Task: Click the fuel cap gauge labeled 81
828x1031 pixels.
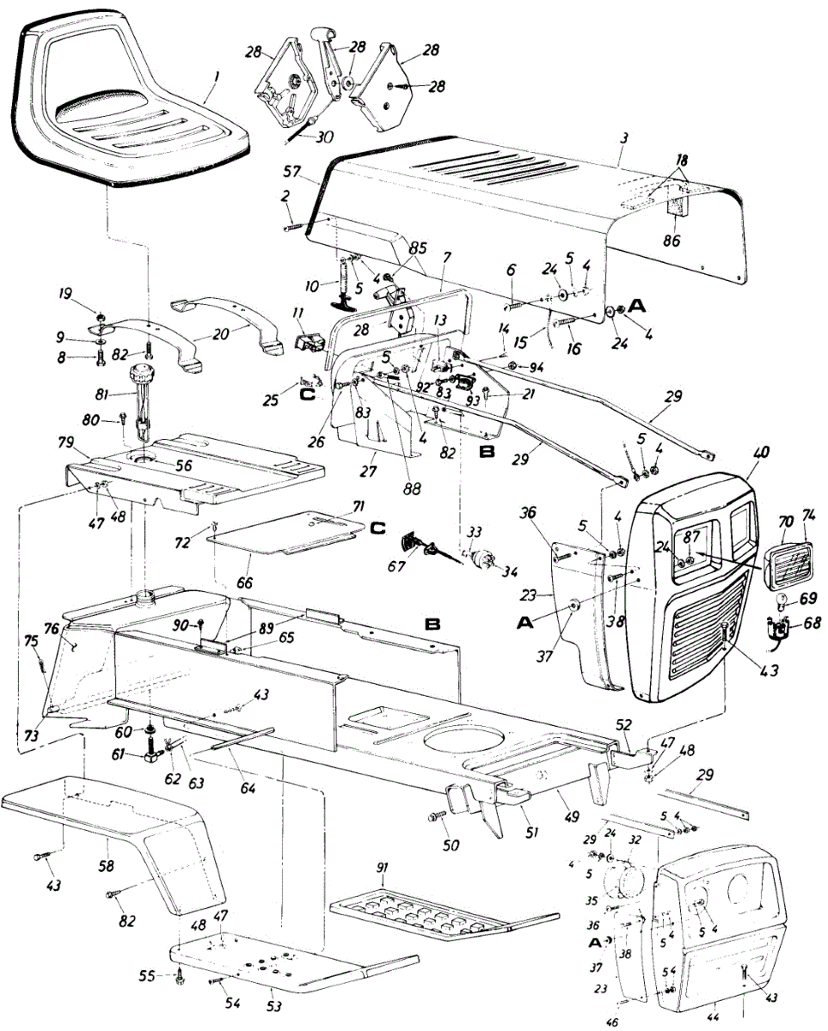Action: (139, 378)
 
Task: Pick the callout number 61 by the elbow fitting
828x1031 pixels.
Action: (124, 754)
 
